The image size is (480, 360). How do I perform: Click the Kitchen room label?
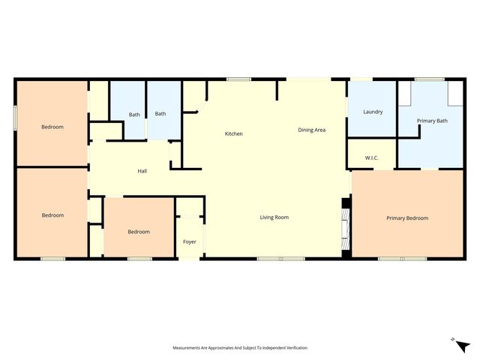tap(234, 133)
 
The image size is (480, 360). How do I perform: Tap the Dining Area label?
tap(311, 130)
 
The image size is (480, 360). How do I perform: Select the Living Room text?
tap(274, 217)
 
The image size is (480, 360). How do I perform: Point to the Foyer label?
tap(190, 241)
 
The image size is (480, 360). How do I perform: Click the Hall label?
tap(142, 171)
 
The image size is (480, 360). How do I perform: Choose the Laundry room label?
tap(373, 112)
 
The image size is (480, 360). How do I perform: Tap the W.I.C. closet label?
tap(371, 158)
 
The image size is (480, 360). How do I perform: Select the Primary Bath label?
tap(432, 120)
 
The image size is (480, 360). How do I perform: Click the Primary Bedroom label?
tap(407, 217)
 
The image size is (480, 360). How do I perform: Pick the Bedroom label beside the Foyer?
tap(139, 232)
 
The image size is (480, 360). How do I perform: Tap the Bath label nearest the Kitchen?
tap(160, 114)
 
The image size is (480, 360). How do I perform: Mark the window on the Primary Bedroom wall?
tap(402, 259)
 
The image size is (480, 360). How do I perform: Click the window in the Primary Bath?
tap(429, 79)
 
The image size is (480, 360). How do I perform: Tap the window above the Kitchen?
tap(239, 79)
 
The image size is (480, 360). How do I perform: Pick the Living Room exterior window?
tap(280, 259)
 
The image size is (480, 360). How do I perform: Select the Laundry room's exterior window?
tap(361, 79)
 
